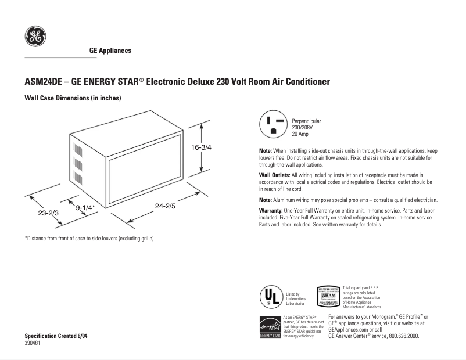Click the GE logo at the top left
(x=34, y=37)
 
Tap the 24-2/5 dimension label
(x=166, y=205)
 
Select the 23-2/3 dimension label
(x=48, y=213)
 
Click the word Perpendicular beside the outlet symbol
(x=306, y=121)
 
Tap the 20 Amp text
(x=300, y=134)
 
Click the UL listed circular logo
(x=271, y=297)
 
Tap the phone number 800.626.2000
(x=400, y=336)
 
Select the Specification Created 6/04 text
(x=56, y=336)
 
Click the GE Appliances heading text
(x=110, y=51)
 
